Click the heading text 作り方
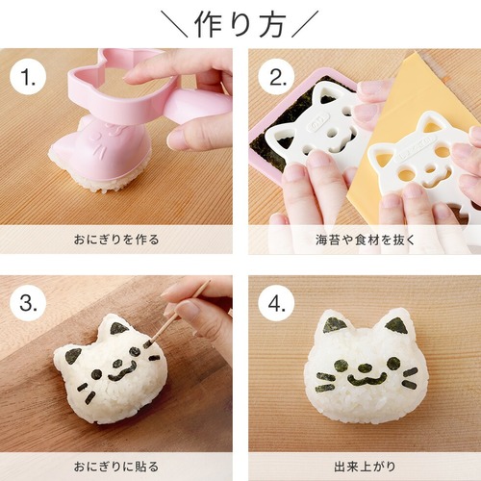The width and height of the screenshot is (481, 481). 240,25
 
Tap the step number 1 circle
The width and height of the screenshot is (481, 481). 28,78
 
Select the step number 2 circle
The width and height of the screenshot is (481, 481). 277,78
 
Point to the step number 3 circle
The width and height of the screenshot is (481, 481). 28,303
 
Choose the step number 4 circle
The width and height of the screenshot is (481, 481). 277,303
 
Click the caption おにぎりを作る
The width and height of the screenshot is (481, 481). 116,240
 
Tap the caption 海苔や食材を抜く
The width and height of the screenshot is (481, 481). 365,240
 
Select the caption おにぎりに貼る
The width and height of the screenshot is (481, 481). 116,467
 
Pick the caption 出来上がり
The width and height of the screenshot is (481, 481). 365,467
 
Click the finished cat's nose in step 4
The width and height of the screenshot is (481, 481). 365,367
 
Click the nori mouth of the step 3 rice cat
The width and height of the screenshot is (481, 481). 122,372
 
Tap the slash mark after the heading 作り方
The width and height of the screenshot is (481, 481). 305,23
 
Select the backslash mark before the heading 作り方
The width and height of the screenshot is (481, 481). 175,23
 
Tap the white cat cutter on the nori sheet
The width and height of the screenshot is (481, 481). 317,125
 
